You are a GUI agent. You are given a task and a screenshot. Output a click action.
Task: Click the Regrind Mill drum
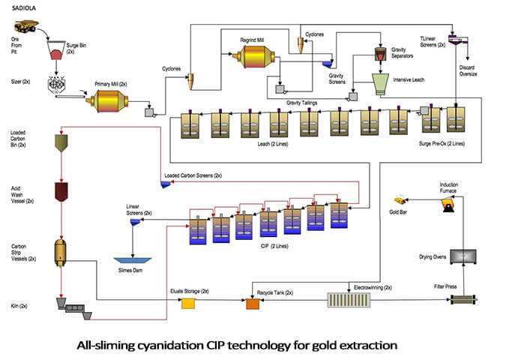tap(256, 57)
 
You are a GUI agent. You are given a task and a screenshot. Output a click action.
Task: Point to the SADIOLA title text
tap(20, 7)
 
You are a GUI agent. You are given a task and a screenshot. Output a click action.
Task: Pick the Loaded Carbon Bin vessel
tap(61, 142)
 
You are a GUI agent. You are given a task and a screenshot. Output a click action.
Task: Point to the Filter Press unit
tap(462, 300)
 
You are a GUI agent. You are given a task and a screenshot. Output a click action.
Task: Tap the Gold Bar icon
tap(403, 200)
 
